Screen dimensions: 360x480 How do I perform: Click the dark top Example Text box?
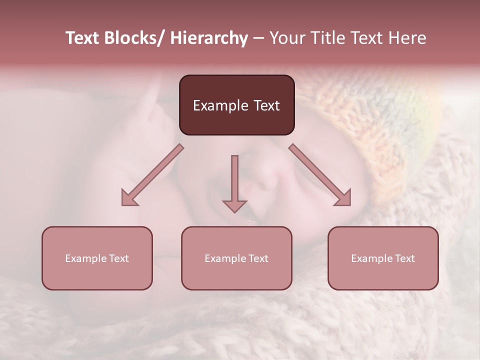pos(236,105)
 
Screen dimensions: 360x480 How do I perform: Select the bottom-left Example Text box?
pos(97,258)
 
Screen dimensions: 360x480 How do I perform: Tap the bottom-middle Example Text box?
pos(236,258)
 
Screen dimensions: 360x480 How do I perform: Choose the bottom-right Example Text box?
pos(383,258)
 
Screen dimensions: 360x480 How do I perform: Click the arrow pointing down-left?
pos(152,175)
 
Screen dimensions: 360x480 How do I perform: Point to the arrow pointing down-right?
pos(320,175)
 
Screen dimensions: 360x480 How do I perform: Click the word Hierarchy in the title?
pos(209,38)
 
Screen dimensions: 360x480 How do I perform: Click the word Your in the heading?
pos(285,38)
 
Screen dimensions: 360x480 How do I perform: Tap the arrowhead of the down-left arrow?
pos(129,198)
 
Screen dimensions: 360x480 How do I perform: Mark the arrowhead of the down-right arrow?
pos(343,198)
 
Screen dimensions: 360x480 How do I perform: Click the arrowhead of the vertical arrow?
pos(234,206)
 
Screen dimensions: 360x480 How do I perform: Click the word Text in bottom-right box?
pos(404,258)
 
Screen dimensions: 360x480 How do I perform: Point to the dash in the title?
pos(258,38)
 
